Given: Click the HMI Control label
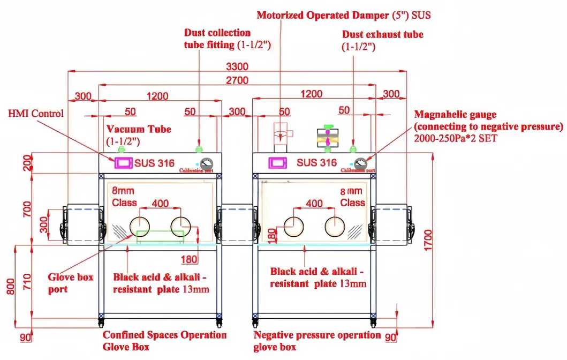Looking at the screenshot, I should coord(36,114).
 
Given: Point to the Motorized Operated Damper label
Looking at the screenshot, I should coord(344,16).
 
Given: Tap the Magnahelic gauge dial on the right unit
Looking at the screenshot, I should coord(360,162).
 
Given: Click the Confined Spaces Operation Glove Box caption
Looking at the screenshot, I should coord(164,340).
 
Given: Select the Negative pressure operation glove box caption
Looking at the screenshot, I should coord(317,340).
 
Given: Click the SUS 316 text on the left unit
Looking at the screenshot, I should coord(154,163).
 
